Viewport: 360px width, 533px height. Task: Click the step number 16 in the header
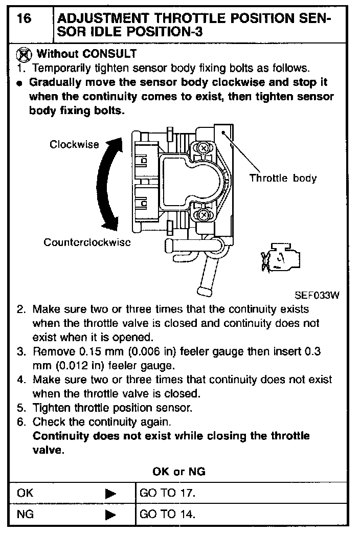[24, 19]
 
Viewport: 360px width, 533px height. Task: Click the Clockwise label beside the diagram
[74, 144]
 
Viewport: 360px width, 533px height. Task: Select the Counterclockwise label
[87, 242]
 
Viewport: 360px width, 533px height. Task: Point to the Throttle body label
[283, 178]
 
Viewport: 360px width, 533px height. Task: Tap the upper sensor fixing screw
[204, 148]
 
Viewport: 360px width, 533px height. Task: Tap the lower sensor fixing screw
[204, 214]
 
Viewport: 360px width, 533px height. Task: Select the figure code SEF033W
[317, 295]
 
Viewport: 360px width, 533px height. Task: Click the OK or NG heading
[179, 472]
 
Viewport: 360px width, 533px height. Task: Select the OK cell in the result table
[25, 493]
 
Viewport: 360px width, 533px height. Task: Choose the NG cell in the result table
[26, 514]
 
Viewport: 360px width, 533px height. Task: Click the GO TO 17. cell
[168, 493]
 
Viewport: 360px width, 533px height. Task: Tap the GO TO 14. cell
[168, 514]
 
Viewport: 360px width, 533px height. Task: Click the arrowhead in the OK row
[111, 494]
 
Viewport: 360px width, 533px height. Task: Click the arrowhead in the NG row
[111, 515]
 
